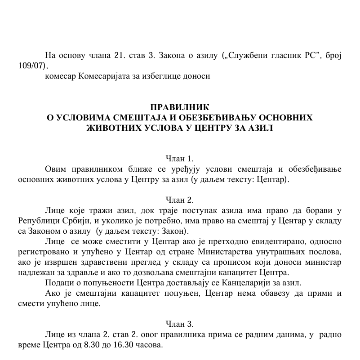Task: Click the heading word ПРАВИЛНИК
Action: pos(180,107)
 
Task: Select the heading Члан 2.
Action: pos(180,200)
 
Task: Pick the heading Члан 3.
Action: pos(180,324)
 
